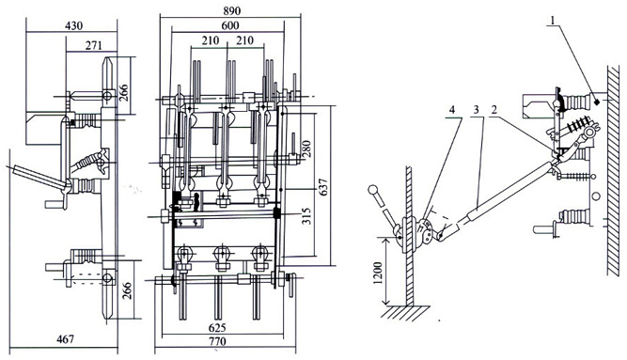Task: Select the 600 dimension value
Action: pyautogui.click(x=230, y=26)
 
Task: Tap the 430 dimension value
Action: pyautogui.click(x=73, y=25)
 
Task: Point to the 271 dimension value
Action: pyautogui.click(x=94, y=45)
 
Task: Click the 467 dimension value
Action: pyautogui.click(x=65, y=339)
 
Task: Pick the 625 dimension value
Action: pyautogui.click(x=217, y=328)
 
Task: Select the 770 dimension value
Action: pyautogui.click(x=217, y=341)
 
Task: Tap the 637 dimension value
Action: pyautogui.click(x=323, y=187)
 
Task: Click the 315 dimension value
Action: pyautogui.click(x=306, y=215)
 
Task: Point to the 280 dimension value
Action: pyautogui.click(x=306, y=149)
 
